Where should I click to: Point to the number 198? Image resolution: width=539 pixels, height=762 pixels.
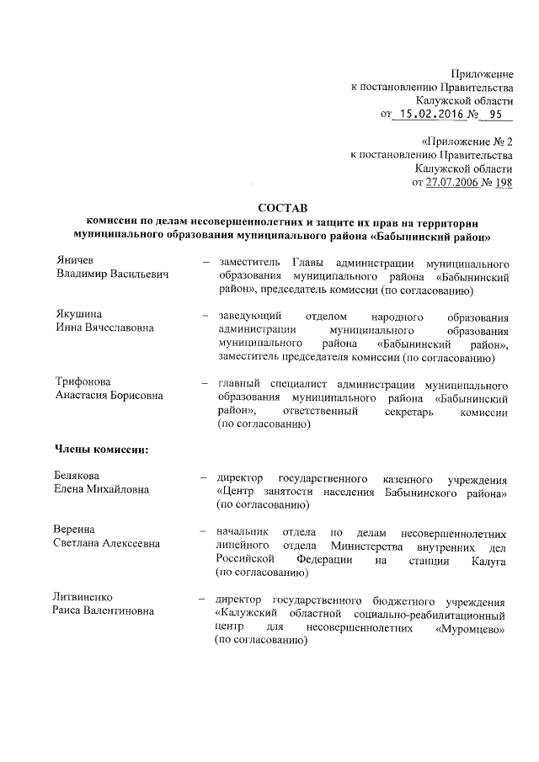click(503, 181)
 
